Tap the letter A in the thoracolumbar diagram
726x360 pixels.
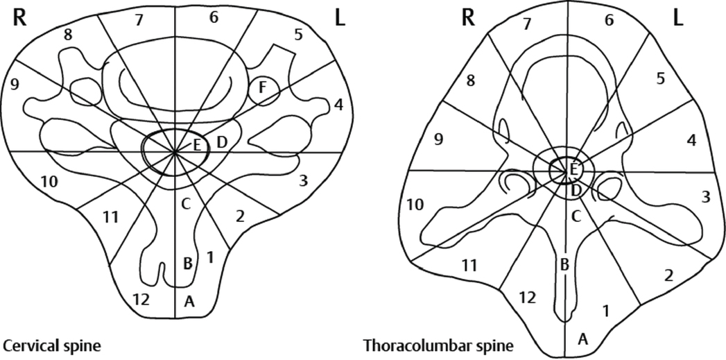point(583,338)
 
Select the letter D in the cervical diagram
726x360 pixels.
point(222,142)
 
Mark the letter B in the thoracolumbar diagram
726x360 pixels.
point(564,264)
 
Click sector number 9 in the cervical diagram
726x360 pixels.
point(13,85)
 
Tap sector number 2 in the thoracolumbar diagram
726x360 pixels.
point(668,275)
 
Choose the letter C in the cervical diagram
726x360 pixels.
point(185,204)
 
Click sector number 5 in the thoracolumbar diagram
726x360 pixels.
point(661,79)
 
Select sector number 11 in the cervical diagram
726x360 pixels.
point(111,217)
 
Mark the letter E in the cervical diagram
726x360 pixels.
point(197,144)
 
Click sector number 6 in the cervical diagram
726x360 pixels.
point(214,17)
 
